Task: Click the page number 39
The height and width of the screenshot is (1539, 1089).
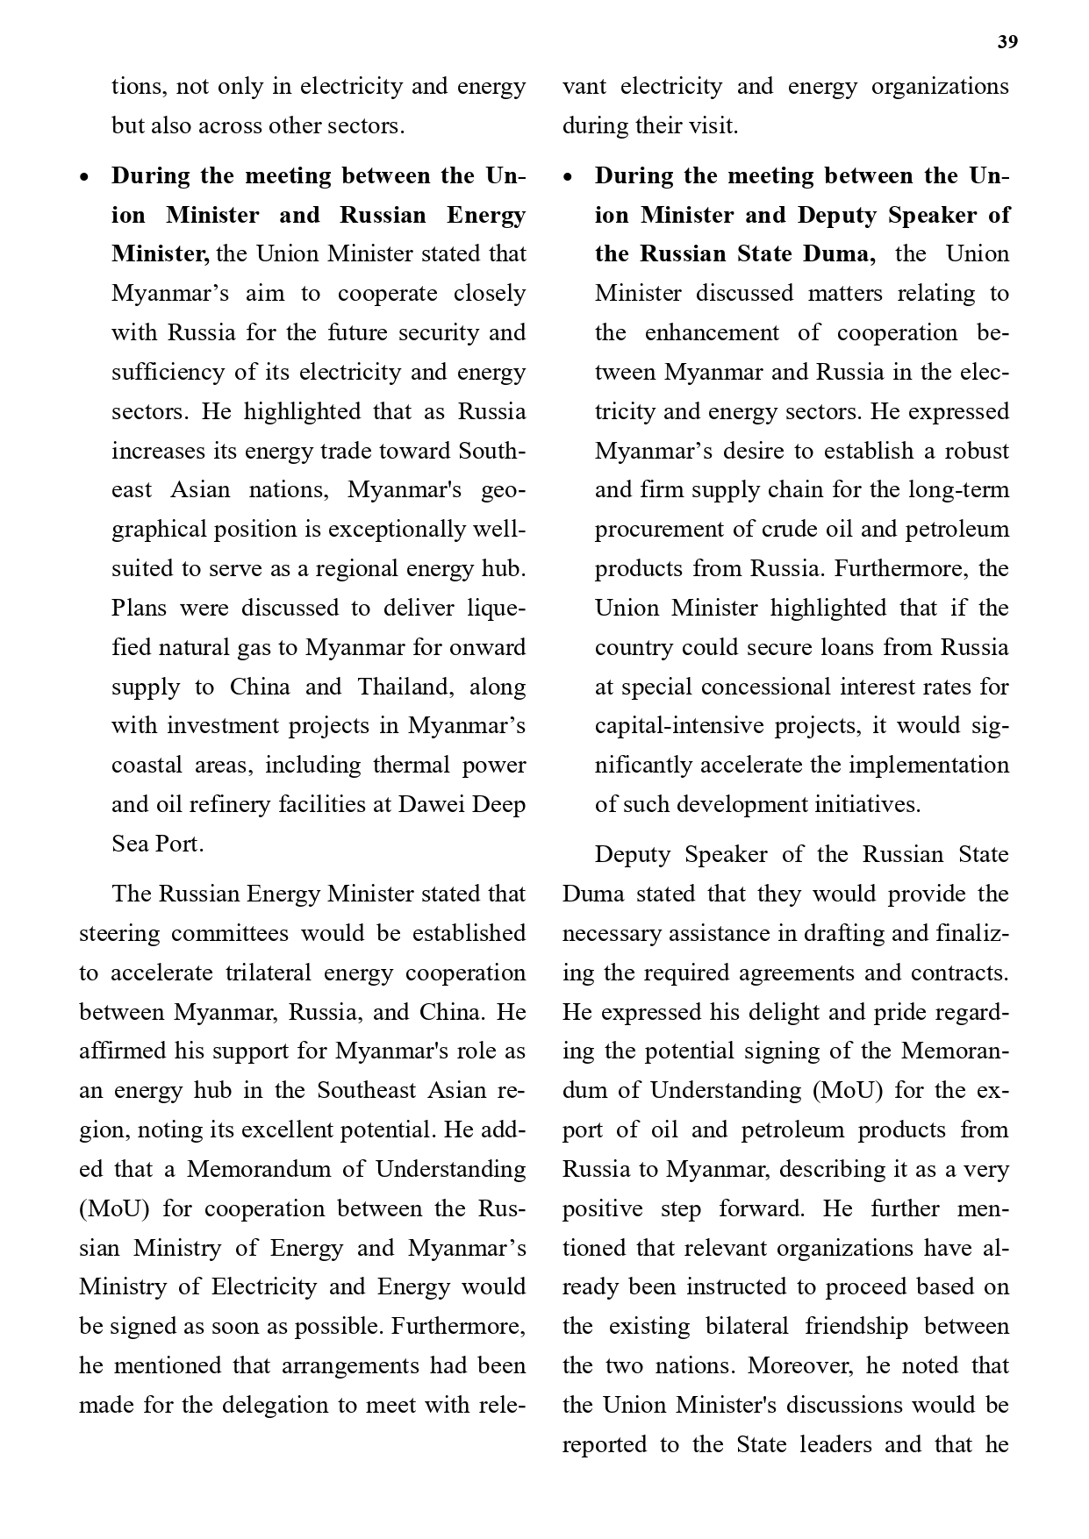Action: click(x=1007, y=43)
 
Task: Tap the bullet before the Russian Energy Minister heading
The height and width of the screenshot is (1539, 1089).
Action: click(x=84, y=177)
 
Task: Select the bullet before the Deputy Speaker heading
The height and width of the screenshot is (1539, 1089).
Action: click(x=568, y=177)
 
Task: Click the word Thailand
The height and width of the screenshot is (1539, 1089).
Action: click(x=405, y=686)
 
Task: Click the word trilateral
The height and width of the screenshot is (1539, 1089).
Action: click(x=268, y=973)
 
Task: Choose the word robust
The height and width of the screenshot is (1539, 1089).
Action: click(x=977, y=451)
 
